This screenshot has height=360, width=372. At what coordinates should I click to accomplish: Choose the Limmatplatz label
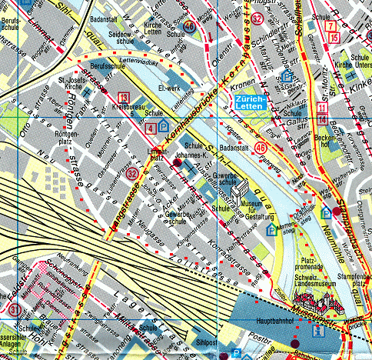pos(158,156)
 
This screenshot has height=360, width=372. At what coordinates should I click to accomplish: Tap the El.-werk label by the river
pos(168,88)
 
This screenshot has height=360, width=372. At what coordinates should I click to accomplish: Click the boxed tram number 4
pos(150,127)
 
